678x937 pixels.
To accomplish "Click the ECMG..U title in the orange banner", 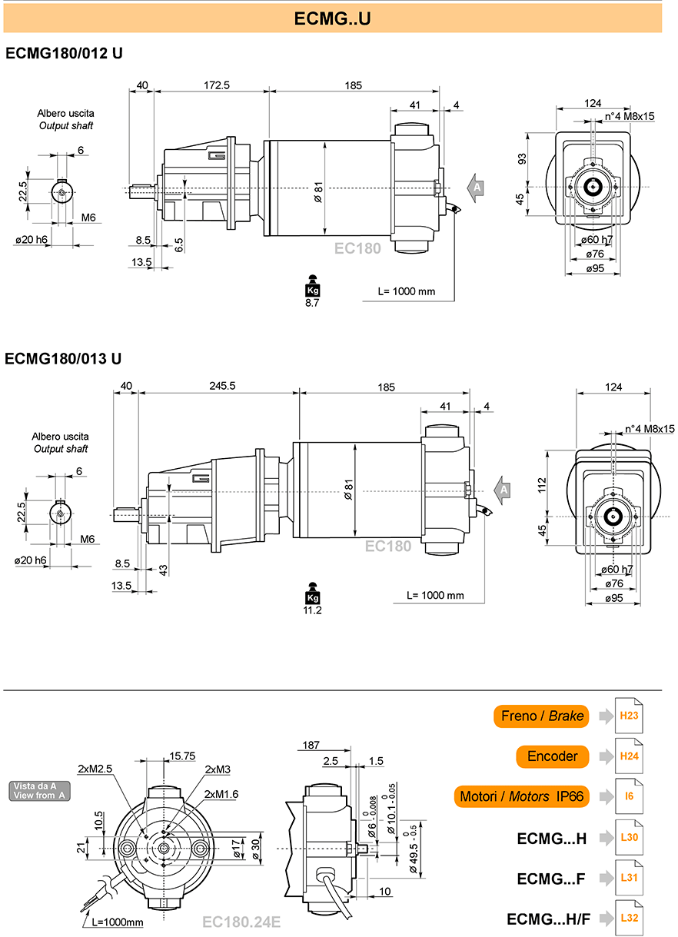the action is point(332,18).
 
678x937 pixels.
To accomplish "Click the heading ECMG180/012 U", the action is point(64,54).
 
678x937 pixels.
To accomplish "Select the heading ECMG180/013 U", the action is point(63,359).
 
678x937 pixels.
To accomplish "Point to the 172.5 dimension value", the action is point(217,85).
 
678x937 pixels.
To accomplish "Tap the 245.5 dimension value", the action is point(222,386).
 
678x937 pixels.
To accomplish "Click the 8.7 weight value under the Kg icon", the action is point(312,303).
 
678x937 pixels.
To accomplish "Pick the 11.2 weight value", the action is point(312,610).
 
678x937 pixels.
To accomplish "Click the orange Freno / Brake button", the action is point(541,716).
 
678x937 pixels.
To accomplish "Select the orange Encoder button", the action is point(552,756).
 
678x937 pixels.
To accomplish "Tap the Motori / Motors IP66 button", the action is point(522,796).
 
